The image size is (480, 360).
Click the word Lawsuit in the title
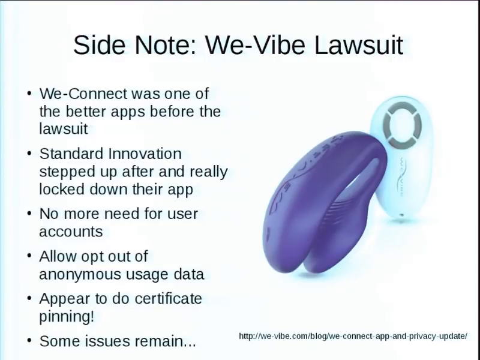pyautogui.click(x=358, y=45)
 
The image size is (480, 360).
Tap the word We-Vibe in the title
pyautogui.click(x=255, y=45)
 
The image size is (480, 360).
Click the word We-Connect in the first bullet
pyautogui.click(x=83, y=94)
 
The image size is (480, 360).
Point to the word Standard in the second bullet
pyautogui.click(x=71, y=154)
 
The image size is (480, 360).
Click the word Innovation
pyautogui.click(x=145, y=154)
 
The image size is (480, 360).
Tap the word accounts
pyautogui.click(x=71, y=232)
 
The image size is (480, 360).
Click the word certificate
pyautogui.click(x=168, y=298)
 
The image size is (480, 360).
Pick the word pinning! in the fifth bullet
pyautogui.click(x=67, y=317)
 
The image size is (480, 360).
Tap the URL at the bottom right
pyautogui.click(x=353, y=336)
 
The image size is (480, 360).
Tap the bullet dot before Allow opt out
pyautogui.click(x=29, y=256)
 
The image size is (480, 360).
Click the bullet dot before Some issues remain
pyautogui.click(x=29, y=340)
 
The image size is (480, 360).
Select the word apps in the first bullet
pyautogui.click(x=128, y=112)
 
